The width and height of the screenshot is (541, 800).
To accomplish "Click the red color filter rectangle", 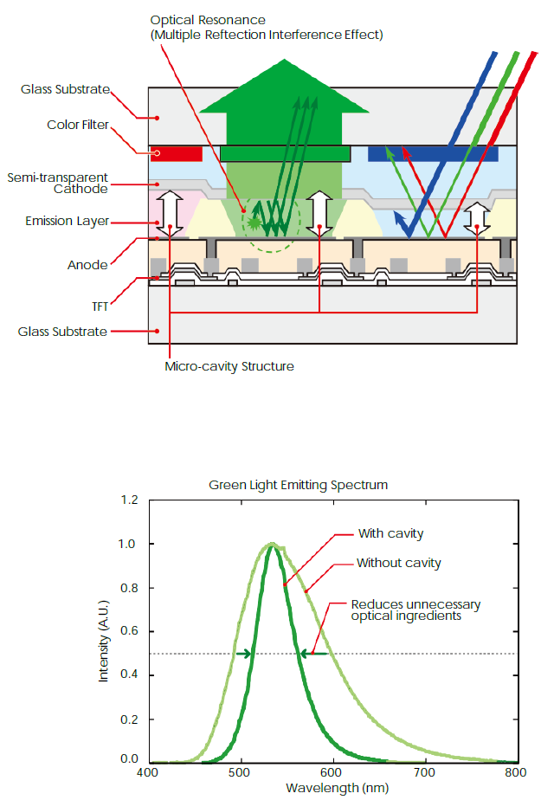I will [x=176, y=154].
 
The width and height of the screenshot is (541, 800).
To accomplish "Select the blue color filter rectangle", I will [x=433, y=155].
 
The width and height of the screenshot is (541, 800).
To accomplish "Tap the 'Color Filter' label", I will [x=78, y=125].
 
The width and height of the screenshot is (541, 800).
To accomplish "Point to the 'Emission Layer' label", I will [x=68, y=222].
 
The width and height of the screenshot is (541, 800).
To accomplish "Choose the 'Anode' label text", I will [x=88, y=265].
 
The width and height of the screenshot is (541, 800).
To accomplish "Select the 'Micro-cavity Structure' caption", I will [x=229, y=366].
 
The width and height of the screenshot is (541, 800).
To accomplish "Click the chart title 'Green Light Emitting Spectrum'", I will [x=299, y=485].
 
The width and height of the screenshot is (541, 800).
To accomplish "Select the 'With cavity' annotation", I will [x=390, y=533].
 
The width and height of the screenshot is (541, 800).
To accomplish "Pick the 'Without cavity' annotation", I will [x=399, y=563].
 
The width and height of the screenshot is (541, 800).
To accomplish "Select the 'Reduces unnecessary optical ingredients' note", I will [x=415, y=610].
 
